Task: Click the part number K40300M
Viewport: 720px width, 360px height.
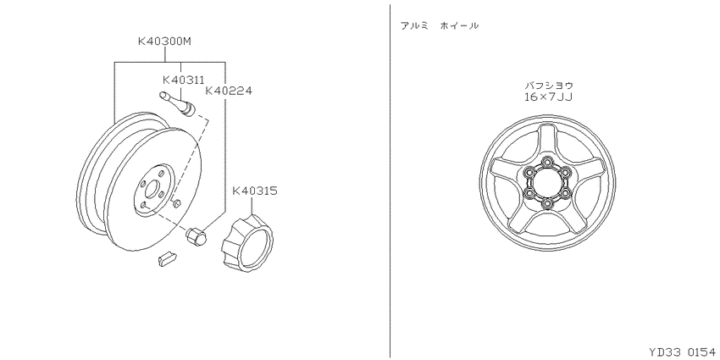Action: (164, 42)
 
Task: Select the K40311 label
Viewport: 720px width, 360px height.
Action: (183, 80)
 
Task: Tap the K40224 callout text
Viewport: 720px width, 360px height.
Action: (229, 91)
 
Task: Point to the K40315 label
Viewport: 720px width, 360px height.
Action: (255, 191)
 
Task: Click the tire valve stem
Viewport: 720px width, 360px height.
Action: (178, 104)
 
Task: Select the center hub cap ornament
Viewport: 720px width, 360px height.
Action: (247, 243)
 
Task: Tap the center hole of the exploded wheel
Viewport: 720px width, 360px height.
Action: (152, 190)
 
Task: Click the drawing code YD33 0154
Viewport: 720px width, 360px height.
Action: (682, 352)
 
